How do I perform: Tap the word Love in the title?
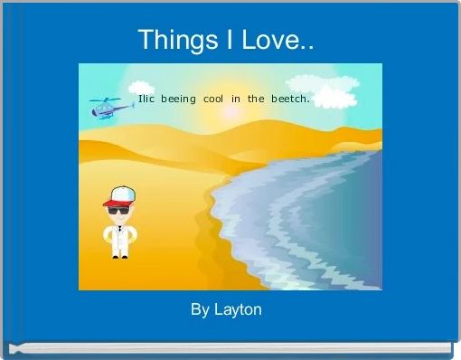point(268,40)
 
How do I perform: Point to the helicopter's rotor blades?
point(107,99)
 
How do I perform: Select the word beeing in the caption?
point(178,99)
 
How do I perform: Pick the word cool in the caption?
point(213,99)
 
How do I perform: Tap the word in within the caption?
point(236,99)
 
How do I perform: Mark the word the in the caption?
point(256,99)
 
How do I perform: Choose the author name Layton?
point(239,310)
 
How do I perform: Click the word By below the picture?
point(200,310)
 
